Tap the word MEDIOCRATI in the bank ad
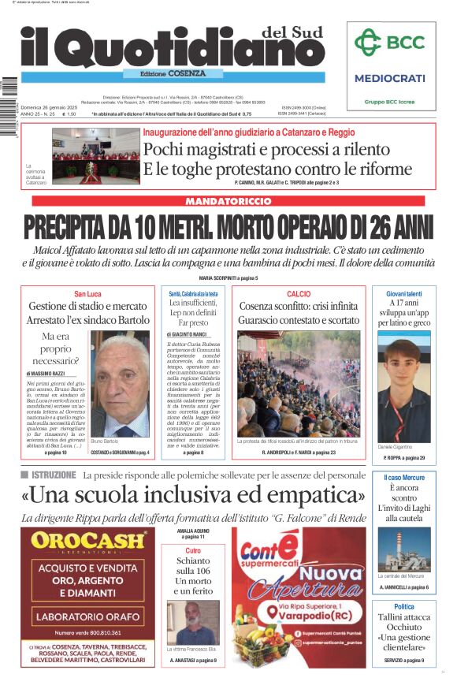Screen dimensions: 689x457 390,78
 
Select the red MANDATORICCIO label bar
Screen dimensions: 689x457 227,202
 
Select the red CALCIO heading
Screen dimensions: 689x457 299,293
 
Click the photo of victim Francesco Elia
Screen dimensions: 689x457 192,623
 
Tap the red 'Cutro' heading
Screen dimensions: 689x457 192,551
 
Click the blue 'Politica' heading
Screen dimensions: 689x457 403,606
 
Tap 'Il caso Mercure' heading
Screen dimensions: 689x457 403,478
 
